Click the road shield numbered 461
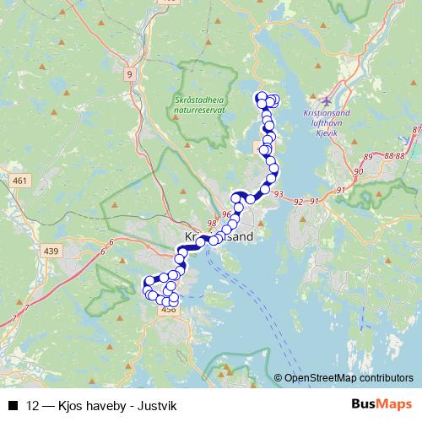tap(20, 181)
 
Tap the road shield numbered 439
tap(51, 252)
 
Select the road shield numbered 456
tap(167, 311)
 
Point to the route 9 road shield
tap(129, 74)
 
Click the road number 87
tap(416, 129)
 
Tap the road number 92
tap(299, 203)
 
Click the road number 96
tap(226, 215)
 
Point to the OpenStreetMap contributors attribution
tap(349, 378)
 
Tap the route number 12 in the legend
tap(33, 405)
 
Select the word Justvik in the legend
tap(157, 405)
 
